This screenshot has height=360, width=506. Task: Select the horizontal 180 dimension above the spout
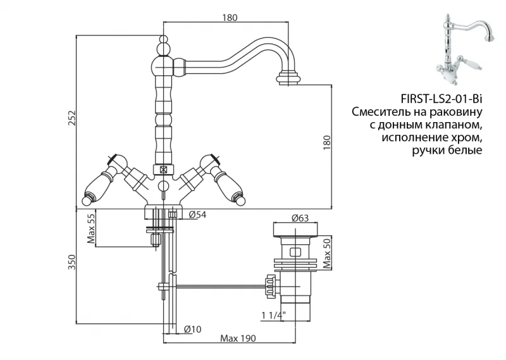(x=230, y=18)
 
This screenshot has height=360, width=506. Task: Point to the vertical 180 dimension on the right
(x=326, y=143)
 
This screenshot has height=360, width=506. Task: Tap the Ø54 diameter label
(x=198, y=215)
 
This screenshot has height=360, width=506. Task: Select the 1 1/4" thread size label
(x=273, y=314)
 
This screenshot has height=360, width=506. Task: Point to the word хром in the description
(x=466, y=137)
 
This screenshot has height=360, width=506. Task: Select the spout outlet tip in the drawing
(x=290, y=79)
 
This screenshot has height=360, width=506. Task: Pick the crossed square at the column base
(x=163, y=170)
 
